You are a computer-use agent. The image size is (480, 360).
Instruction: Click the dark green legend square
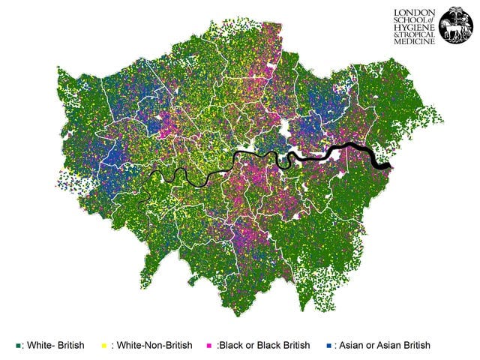point(17,345)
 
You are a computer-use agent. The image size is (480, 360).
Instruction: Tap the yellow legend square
point(103,345)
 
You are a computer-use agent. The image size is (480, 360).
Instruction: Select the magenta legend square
point(208,345)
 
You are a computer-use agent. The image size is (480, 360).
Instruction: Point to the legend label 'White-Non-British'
point(152,345)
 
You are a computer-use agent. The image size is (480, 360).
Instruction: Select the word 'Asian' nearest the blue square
point(353,345)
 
